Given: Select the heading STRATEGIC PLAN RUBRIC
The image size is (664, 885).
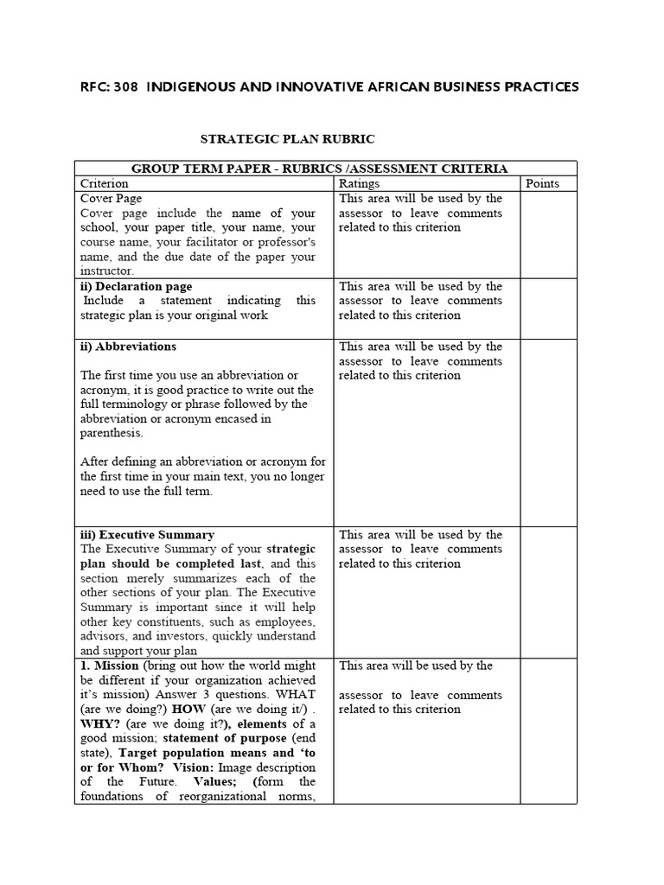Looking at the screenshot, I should [x=288, y=138].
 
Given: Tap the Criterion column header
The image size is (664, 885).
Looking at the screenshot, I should [x=104, y=183].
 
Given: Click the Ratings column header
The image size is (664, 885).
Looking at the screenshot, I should [x=359, y=183].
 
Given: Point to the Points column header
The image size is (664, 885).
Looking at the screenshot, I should [x=542, y=183].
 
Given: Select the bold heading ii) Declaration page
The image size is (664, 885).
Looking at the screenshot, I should [x=136, y=286].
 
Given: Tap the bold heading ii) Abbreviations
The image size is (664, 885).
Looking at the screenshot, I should [x=128, y=347].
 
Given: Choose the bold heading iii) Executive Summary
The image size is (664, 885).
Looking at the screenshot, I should [x=147, y=535].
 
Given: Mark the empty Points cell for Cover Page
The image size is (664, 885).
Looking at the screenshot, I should [x=548, y=233].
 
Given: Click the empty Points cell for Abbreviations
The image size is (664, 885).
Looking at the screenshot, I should [x=548, y=432].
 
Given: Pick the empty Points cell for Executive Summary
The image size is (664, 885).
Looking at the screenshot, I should [x=548, y=592].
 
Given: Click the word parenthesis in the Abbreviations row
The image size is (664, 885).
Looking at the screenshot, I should [x=112, y=433].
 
